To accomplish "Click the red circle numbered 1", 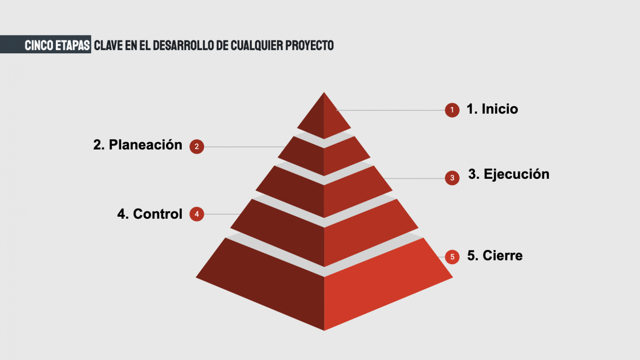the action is click(452, 110).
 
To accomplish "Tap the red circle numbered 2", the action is click(197, 147).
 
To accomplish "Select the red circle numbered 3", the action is click(452, 178).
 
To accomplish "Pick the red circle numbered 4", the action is click(197, 214).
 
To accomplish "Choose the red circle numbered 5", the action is click(452, 257).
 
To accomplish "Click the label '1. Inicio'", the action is click(492, 109).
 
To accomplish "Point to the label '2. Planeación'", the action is click(138, 145).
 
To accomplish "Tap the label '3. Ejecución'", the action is click(509, 174).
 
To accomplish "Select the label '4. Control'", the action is click(150, 214).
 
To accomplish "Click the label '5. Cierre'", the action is click(495, 255).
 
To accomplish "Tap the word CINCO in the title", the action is click(39, 45).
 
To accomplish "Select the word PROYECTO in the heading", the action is click(310, 45).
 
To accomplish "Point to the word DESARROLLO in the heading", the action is click(183, 45).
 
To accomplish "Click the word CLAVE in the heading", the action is click(108, 45).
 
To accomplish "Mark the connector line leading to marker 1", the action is click(390, 110).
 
